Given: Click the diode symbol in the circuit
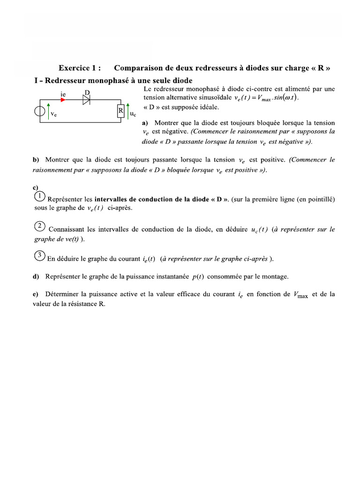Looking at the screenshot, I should pyautogui.click(x=86, y=99).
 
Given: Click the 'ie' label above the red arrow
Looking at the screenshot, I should pyautogui.click(x=63, y=94).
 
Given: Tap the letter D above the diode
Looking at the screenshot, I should pyautogui.click(x=87, y=92).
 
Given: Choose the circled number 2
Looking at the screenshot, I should pyautogui.click(x=40, y=226).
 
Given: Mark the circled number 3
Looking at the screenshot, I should pyautogui.click(x=40, y=256).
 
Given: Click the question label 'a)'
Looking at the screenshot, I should pyautogui.click(x=145, y=123).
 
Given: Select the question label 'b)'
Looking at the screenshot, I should pyautogui.click(x=36, y=160).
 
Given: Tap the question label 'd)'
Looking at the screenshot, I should pyautogui.click(x=36, y=276).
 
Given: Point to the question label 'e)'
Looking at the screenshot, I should pyautogui.click(x=36, y=294).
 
